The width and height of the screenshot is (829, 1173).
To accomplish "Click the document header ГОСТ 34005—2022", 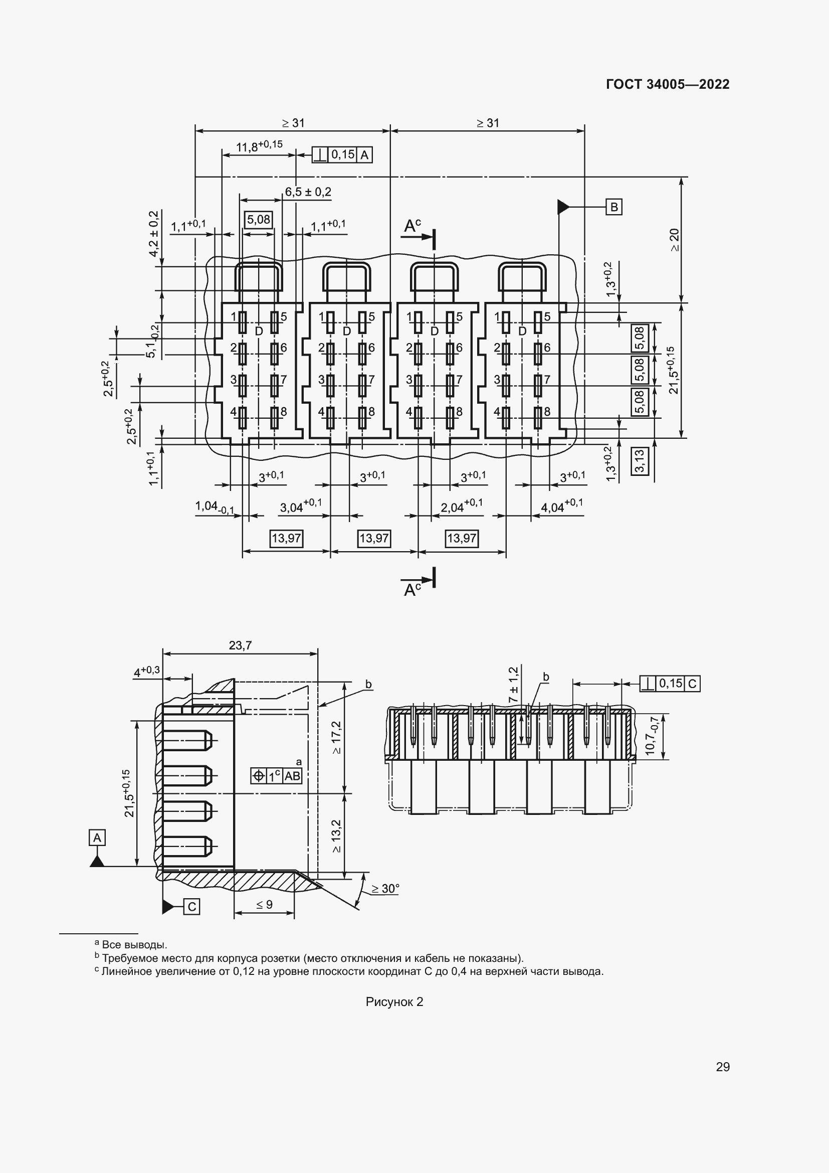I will [x=667, y=84].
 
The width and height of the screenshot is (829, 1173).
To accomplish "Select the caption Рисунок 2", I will [x=394, y=1002].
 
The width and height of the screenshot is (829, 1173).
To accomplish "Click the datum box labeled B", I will [x=614, y=207].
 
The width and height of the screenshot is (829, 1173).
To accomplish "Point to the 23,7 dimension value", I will [x=240, y=646].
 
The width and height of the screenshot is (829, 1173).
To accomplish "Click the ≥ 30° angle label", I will [x=385, y=889].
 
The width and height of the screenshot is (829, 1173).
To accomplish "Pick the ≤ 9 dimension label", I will [x=264, y=905].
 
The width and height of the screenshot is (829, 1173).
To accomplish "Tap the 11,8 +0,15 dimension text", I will [x=259, y=146].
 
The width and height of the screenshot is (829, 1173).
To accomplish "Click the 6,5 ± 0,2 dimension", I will [x=308, y=192].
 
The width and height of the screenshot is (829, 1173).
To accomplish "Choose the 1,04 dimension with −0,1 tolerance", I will [x=215, y=507].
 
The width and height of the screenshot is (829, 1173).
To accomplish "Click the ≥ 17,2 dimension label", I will [x=336, y=737].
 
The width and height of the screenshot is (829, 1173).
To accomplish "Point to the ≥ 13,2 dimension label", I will [x=336, y=836].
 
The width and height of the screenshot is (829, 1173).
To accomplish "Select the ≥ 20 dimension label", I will [x=674, y=240].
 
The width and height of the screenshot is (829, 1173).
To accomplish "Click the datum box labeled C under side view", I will [x=191, y=906].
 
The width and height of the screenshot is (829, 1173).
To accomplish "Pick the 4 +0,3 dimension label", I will [x=146, y=672].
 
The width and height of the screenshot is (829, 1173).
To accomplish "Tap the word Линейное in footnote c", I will [x=124, y=971].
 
